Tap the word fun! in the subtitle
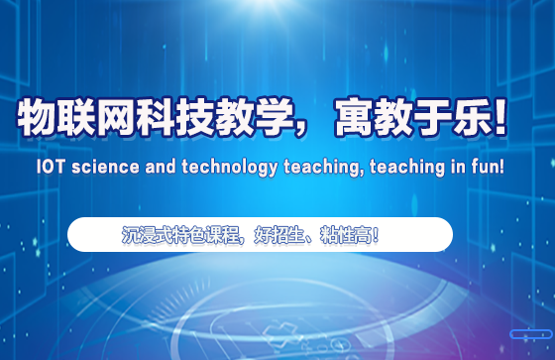pos(485,168)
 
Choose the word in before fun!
pos(450,168)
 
